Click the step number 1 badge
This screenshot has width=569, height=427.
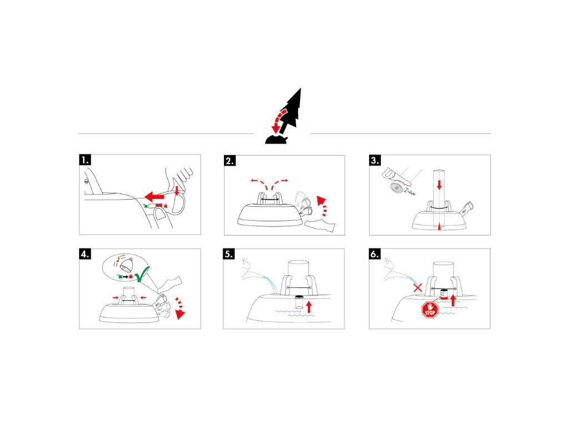(x=85, y=161)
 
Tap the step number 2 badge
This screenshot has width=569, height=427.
(x=230, y=161)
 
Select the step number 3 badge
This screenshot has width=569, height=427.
(x=376, y=161)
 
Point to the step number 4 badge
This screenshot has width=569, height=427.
(x=85, y=255)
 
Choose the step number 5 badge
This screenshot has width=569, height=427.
(x=229, y=255)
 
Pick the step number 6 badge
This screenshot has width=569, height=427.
(x=376, y=255)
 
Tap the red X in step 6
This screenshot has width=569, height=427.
(x=418, y=287)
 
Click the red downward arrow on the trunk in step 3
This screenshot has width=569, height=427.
(x=439, y=184)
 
